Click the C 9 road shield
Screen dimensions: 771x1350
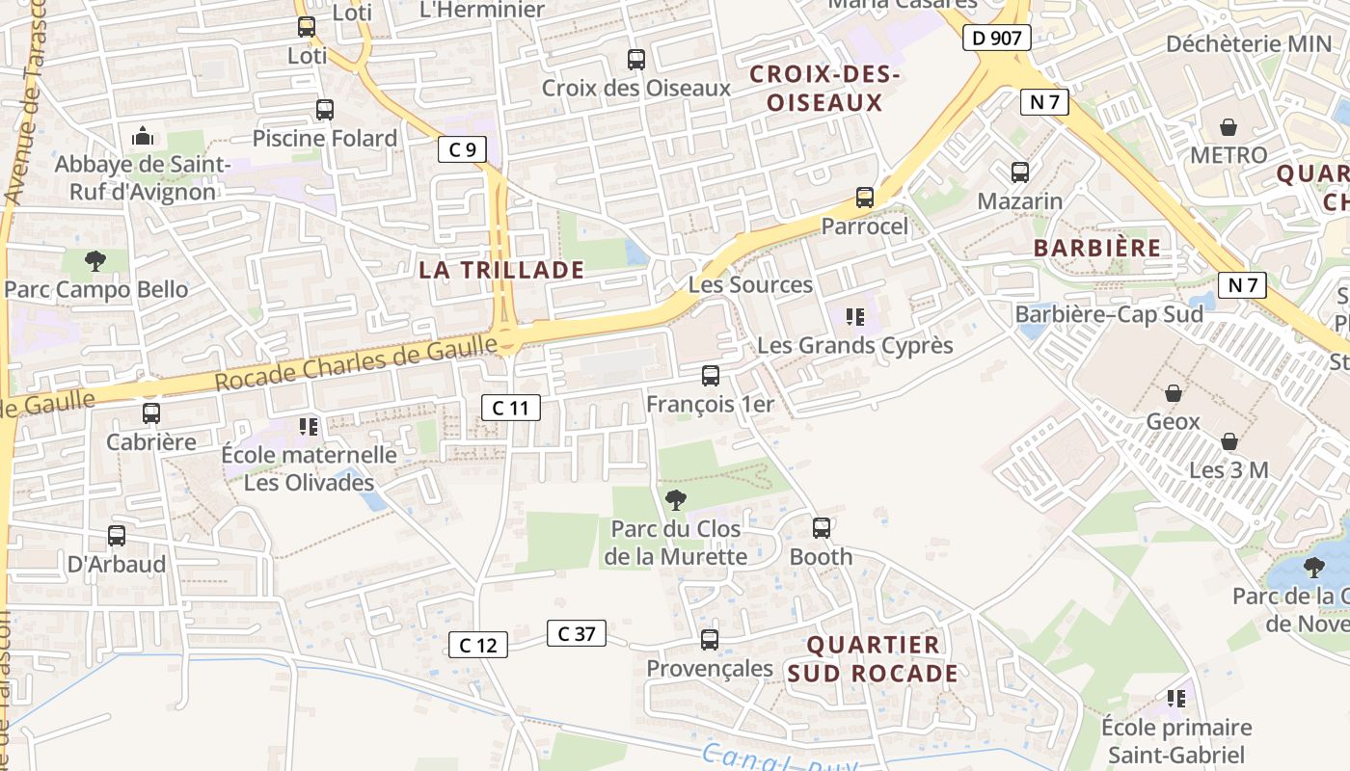point(462,149)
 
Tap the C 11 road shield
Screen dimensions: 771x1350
point(511,408)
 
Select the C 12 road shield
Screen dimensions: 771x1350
point(478,646)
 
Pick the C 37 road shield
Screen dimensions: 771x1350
point(577,633)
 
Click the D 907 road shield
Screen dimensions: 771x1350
point(997,39)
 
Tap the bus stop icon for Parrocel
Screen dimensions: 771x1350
point(865,198)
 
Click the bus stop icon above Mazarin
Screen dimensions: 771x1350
point(1019,173)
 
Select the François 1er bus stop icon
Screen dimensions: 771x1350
point(711,376)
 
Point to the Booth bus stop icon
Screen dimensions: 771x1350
point(821,528)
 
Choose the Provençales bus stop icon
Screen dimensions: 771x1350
point(710,640)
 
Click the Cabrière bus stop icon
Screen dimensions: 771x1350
point(151,413)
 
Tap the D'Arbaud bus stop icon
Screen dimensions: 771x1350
point(117,536)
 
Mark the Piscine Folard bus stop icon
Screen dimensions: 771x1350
point(325,110)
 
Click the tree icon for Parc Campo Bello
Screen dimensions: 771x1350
point(94,260)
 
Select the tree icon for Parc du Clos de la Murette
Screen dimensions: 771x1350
point(676,499)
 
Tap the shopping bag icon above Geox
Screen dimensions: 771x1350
point(1174,393)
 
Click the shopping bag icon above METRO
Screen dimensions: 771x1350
point(1228,127)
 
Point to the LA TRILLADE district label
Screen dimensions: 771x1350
point(501,270)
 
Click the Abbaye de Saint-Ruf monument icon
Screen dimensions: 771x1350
point(143,136)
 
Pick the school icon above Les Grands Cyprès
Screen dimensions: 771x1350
point(853,316)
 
